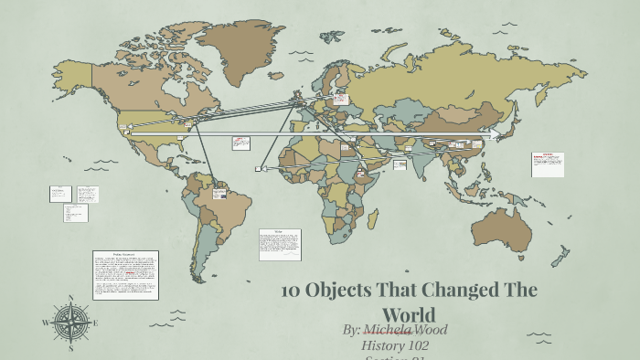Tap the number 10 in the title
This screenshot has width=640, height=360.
pos(291,291)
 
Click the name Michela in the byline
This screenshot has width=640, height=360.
pos(388,329)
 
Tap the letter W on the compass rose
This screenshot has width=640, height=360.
pos(46,323)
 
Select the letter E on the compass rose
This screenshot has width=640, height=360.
pos(95,323)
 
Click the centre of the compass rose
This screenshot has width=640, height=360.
pos(70,323)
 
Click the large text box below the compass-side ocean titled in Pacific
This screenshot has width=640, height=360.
pos(125,274)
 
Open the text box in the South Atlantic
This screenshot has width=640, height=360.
pos(280,244)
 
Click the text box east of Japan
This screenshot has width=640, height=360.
pos(548,164)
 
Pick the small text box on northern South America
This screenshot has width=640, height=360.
pos(219,193)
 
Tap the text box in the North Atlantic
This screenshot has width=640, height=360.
pos(241,143)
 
